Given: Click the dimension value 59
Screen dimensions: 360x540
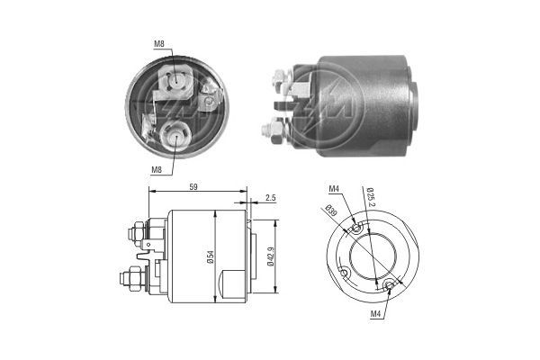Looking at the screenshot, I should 196,186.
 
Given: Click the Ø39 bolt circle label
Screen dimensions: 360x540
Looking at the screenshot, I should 331,211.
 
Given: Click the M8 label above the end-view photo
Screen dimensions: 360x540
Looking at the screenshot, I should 157,44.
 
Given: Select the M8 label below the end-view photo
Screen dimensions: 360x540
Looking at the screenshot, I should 157,167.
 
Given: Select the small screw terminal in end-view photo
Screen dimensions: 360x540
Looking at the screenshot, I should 209,101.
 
